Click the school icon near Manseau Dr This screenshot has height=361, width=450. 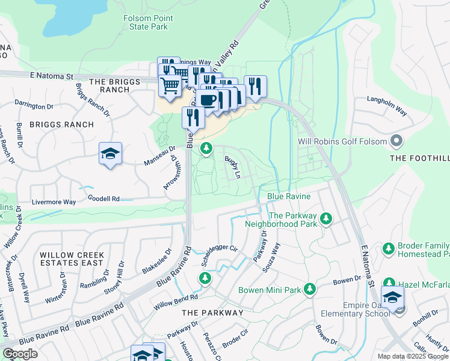click(111, 154)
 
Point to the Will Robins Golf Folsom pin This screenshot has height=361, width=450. click(396, 142)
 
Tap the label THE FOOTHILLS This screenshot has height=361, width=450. click(419, 158)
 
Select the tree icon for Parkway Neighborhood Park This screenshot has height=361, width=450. click(326, 218)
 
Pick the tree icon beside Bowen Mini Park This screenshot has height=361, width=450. click(310, 289)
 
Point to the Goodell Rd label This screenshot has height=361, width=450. click(103, 198)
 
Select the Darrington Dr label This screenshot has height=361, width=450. click(34, 106)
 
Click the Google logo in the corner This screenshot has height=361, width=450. click(20, 354)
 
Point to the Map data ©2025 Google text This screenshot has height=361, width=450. click(413, 356)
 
